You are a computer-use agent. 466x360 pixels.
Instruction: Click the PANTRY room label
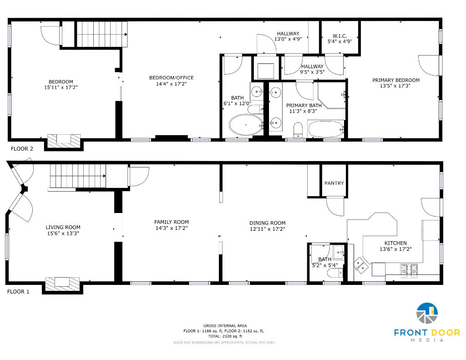pos(334,183)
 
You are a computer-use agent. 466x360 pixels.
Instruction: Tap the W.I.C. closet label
pos(339,36)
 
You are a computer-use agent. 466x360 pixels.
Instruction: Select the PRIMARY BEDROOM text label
pos(396,80)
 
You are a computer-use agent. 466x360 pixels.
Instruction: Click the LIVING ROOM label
pos(63,228)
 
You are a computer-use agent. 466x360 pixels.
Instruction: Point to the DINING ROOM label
pos(268,223)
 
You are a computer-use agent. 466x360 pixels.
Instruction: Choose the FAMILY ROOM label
pos(172,222)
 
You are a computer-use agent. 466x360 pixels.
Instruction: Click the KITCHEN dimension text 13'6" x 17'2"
pos(395,249)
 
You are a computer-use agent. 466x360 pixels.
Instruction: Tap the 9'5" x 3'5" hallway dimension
pos(312,72)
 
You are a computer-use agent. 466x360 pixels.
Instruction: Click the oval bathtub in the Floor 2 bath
pos(246,125)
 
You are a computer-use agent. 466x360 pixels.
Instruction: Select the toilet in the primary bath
pos(298,130)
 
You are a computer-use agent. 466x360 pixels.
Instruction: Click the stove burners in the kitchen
pos(409,270)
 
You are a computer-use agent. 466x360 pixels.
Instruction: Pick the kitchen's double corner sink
pos(361,265)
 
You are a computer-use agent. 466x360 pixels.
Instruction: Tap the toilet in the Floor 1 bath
pos(335,273)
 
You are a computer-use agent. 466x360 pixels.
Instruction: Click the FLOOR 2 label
pos(22,149)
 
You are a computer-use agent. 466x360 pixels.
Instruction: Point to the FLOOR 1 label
pos(18,292)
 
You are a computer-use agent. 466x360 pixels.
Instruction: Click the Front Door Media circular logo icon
pos(427,313)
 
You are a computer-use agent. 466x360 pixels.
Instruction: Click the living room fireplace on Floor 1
pos(62,284)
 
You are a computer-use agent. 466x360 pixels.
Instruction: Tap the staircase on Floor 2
pos(102,34)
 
